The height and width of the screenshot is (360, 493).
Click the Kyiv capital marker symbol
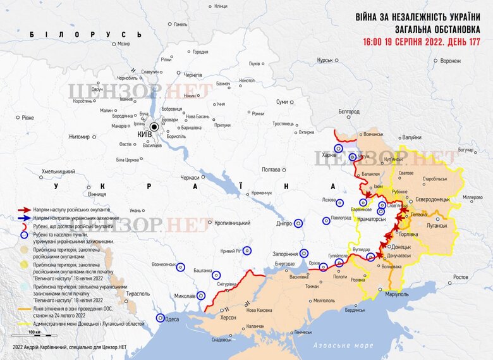coord(152,127)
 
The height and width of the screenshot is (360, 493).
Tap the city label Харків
coord(329,154)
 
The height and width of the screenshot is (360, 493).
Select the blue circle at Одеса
coord(161,319)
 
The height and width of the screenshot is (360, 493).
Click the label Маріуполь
coord(398,295)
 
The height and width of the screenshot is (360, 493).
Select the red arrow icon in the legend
coord(24,209)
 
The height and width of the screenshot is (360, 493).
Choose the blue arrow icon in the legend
coord(24,218)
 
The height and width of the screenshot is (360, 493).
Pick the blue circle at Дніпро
coord(298,223)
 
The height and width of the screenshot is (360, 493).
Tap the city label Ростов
coord(461,277)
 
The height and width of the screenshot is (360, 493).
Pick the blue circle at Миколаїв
coord(201,295)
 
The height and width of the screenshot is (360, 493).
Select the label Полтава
coord(271,170)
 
